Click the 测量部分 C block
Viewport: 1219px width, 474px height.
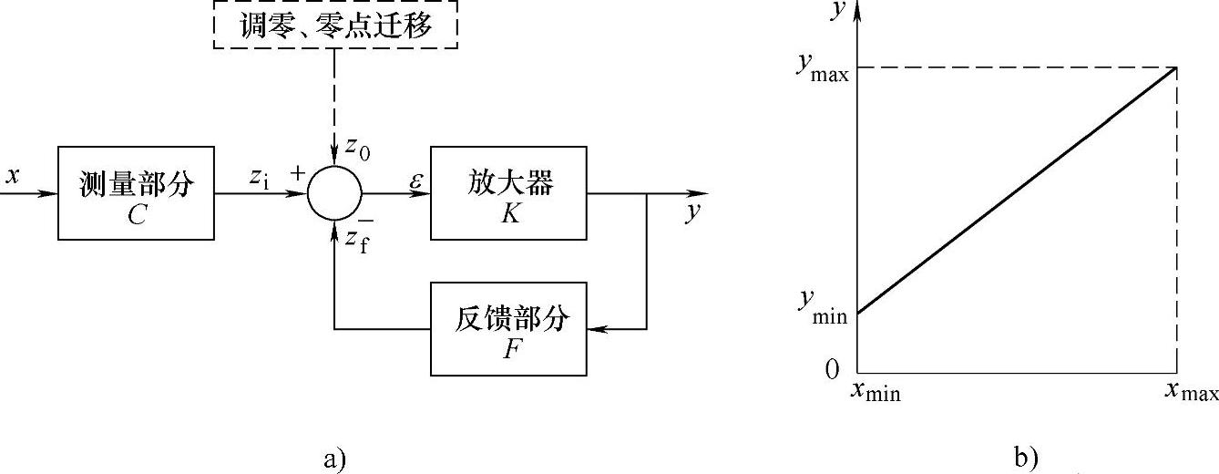pyautogui.click(x=136, y=192)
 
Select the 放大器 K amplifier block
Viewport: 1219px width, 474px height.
pyautogui.click(x=509, y=192)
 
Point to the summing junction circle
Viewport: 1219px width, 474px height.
pyautogui.click(x=334, y=193)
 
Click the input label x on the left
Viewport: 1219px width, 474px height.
pyautogui.click(x=12, y=176)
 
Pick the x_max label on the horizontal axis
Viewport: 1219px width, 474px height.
pyautogui.click(x=1190, y=393)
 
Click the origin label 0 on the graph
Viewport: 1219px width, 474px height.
pyautogui.click(x=830, y=370)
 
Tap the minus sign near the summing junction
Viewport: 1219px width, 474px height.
pyautogui.click(x=364, y=222)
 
